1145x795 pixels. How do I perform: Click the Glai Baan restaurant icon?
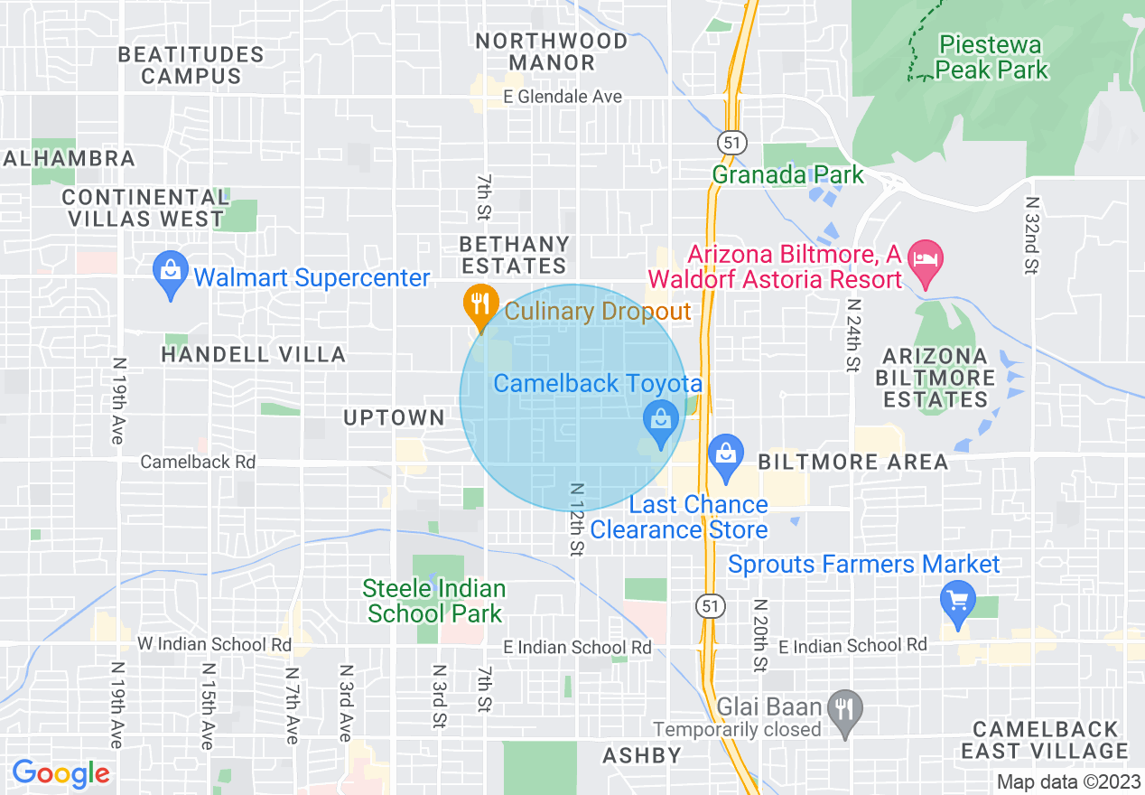(844, 707)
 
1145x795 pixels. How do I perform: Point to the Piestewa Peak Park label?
(991, 57)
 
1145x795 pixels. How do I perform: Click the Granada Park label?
(787, 174)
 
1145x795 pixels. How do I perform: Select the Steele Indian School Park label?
(434, 602)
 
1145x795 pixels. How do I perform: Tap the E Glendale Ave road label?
(563, 97)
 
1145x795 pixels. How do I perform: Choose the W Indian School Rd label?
(214, 644)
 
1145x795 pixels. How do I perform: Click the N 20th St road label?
(759, 635)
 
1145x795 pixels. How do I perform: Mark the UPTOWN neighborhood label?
(394, 417)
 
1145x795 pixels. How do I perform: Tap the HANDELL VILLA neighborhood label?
(253, 354)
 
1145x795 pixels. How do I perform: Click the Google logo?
(61, 773)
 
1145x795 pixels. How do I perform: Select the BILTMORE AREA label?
(853, 463)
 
